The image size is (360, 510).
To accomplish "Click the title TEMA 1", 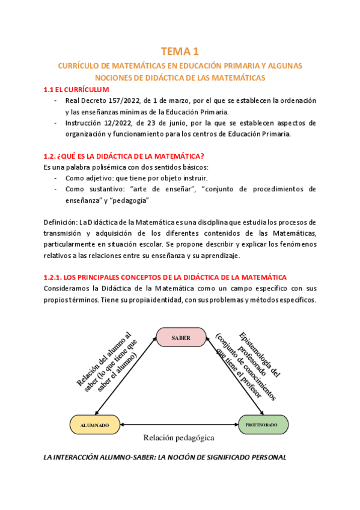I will pos(180,52).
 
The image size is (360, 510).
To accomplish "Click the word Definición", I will pos(61,223).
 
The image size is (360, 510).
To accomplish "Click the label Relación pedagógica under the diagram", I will pos(178,438).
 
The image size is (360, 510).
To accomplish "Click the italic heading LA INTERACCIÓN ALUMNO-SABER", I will pos(166,457).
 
